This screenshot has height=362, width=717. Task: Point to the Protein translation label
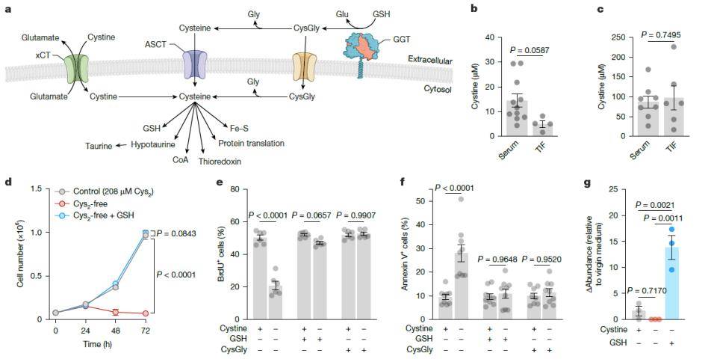[x=252, y=143]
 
